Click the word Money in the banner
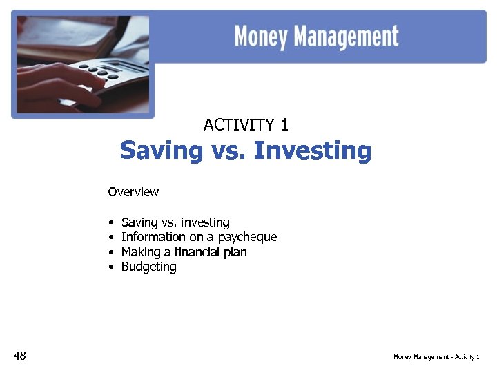tap(262, 37)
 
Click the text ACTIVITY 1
tap(246, 125)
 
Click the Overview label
tap(133, 192)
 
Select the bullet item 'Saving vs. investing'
tap(175, 222)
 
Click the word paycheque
tap(247, 238)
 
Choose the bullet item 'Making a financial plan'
tap(184, 252)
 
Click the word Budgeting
tap(149, 267)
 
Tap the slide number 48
tap(19, 356)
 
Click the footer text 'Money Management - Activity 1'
tap(436, 357)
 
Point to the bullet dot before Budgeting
tap(110, 267)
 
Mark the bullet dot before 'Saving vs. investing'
tap(110, 223)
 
